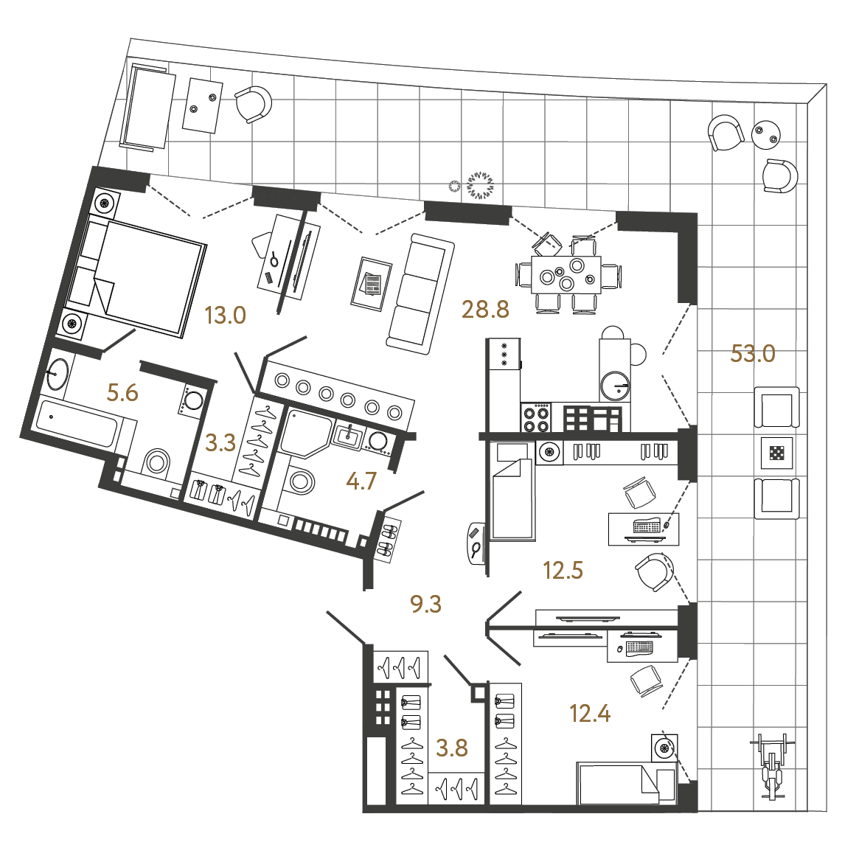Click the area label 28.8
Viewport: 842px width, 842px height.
click(x=485, y=310)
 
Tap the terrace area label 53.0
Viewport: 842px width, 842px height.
click(x=753, y=354)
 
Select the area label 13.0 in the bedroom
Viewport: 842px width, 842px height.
click(x=225, y=316)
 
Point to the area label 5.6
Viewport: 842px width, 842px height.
click(x=122, y=393)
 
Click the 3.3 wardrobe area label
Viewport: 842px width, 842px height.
click(x=220, y=443)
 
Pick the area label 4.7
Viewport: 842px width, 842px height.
click(x=361, y=481)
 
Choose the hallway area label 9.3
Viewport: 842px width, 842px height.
click(x=425, y=605)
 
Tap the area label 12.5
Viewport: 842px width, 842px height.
click(x=563, y=570)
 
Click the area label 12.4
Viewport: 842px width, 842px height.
click(x=590, y=714)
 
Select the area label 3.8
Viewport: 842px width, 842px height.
click(x=452, y=748)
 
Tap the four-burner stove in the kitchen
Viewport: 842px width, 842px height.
click(x=535, y=417)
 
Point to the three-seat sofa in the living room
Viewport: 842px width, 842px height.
click(x=420, y=293)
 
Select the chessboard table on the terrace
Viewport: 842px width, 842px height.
click(x=776, y=453)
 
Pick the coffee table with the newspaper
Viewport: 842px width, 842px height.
click(x=371, y=284)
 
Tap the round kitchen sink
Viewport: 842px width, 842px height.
click(x=615, y=386)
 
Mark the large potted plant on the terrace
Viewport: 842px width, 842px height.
click(x=479, y=185)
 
